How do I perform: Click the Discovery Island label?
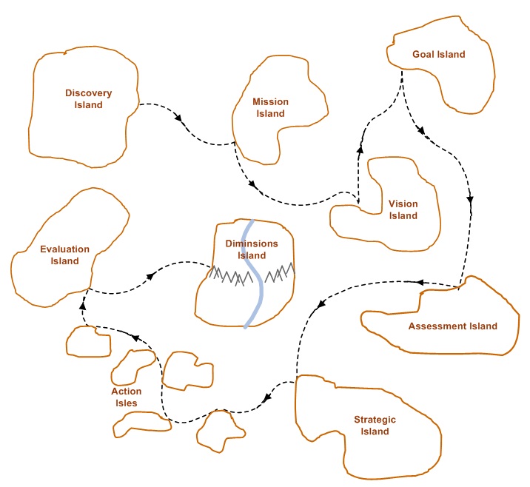click(89, 98)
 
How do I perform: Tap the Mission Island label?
click(270, 107)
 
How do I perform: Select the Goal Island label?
click(439, 55)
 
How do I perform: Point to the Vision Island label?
click(403, 209)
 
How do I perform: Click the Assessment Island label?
click(453, 326)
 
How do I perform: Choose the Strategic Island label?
click(375, 425)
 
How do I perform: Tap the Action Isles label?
click(127, 397)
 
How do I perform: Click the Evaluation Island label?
click(65, 255)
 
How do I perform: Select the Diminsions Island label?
click(252, 249)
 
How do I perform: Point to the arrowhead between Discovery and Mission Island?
click(178, 118)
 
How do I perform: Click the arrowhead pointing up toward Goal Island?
click(360, 149)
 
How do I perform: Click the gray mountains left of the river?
click(231, 276)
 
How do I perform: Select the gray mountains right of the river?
click(280, 272)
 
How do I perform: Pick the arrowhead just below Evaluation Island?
click(82, 306)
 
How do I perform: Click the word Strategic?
click(375, 420)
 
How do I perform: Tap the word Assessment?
click(433, 326)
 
